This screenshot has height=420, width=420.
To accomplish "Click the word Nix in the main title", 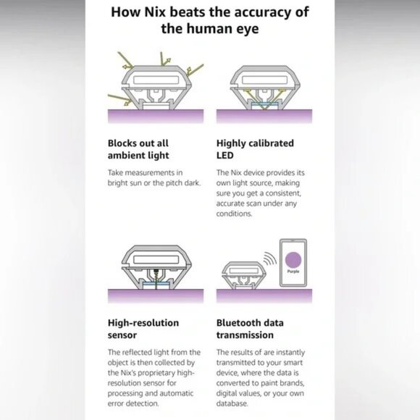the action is coord(155,12).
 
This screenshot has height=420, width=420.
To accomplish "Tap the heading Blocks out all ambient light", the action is coord(138,149).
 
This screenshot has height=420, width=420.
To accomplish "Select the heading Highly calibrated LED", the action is coord(255,149).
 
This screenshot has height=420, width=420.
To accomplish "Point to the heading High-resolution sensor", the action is coord(143,329).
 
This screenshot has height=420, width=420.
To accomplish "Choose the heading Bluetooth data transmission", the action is coord(250,329).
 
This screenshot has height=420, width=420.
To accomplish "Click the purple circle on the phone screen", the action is coord(293,260).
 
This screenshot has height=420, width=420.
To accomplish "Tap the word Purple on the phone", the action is coord(293,272).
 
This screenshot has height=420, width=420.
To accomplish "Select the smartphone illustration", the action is coord(293,263).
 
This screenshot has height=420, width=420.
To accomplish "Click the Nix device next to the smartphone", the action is coord(244,275).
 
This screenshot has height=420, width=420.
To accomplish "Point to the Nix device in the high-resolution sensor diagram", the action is coord(156,267).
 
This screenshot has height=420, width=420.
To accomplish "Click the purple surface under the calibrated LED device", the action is coord(264,117).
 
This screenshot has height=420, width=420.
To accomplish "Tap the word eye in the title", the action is coord(247,30).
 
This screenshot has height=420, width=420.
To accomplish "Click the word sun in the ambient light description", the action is coord(135,183).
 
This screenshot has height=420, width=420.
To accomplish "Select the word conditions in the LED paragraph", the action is coord(234,214).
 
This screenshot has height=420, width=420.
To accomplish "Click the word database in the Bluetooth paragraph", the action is coord(232,403).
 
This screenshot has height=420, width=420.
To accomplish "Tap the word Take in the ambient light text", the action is coord(115,172).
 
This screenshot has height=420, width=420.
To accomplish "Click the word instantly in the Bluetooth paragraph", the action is coord(290,353).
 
